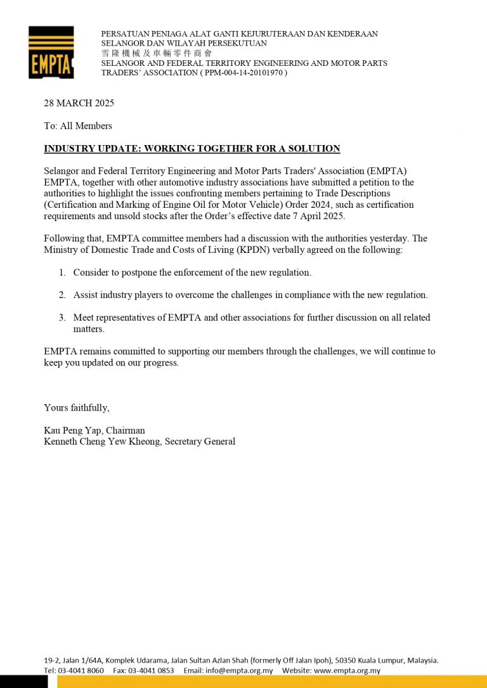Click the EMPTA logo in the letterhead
pos(51,53)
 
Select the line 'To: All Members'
pos(78,125)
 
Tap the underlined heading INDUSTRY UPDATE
pos(192,149)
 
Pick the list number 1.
pos(62,272)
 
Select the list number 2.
pos(62,295)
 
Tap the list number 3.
pos(62,318)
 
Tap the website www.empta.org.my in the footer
pos(348,670)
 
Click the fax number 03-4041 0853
pos(152,670)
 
